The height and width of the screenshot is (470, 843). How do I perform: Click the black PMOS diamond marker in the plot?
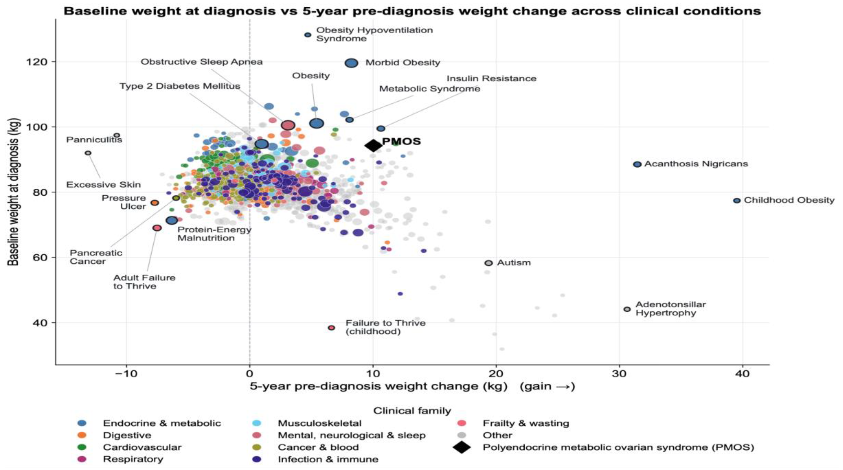click(x=373, y=146)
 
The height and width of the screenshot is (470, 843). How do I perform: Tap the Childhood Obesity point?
click(x=737, y=200)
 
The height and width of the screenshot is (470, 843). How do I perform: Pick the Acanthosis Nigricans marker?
click(x=637, y=164)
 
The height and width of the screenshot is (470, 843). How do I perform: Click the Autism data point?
click(x=488, y=263)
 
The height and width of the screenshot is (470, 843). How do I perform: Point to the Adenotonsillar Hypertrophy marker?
click(x=627, y=309)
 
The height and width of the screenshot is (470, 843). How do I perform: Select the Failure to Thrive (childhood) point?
click(x=331, y=328)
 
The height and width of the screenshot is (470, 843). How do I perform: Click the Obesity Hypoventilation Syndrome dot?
click(x=308, y=35)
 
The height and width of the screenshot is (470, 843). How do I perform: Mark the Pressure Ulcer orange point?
click(x=155, y=203)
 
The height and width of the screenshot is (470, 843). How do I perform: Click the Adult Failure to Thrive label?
click(x=144, y=282)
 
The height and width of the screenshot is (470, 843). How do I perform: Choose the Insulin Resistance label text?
click(x=491, y=78)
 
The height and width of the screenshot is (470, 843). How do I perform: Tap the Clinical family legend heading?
click(x=412, y=411)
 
